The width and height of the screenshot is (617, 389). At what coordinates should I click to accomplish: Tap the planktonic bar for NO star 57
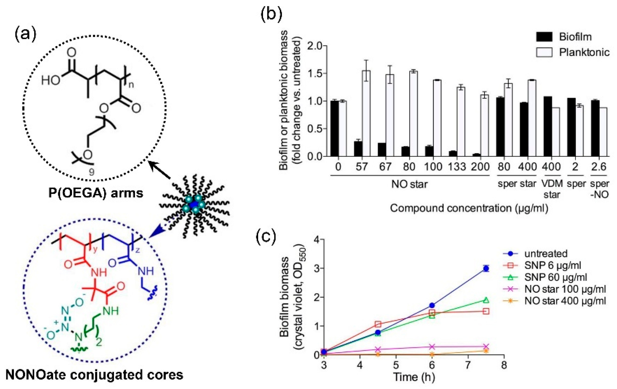[366, 113]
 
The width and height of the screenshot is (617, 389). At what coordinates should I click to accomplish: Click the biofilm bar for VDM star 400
[548, 126]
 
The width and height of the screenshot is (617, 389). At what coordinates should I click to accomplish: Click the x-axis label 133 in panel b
[457, 167]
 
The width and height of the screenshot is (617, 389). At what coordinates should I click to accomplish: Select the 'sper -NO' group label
[599, 189]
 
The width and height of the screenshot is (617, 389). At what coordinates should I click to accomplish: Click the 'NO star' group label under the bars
[409, 184]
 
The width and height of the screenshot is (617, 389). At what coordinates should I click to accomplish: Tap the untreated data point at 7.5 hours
[486, 269]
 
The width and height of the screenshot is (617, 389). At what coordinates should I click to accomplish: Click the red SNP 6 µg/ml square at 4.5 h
[378, 324]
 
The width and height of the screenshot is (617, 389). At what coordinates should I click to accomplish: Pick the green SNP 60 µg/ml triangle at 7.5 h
[486, 300]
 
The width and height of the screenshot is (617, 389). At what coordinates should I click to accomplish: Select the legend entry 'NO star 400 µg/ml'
[565, 301]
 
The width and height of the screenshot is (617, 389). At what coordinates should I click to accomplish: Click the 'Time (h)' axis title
[414, 377]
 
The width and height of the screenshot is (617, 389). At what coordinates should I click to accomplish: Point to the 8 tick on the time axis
[504, 365]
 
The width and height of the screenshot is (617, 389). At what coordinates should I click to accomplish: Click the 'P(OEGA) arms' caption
[96, 193]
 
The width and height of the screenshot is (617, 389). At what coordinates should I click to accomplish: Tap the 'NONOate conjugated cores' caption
[94, 375]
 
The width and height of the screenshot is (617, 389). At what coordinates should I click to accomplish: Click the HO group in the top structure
[50, 81]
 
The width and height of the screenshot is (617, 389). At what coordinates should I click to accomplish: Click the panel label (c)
[266, 237]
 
